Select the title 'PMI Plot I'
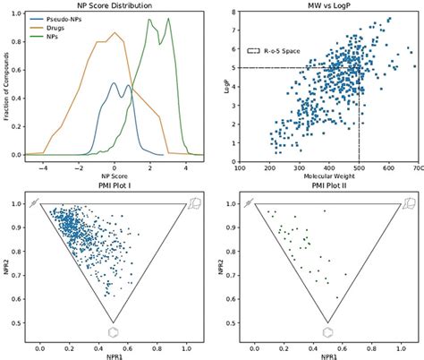pyautogui.click(x=112, y=191)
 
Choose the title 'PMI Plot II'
pyautogui.click(x=329, y=191)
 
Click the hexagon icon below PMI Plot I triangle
pyautogui.click(x=113, y=331)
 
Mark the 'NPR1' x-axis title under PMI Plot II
pyautogui.click(x=329, y=355)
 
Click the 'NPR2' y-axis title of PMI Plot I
pyautogui.click(x=6, y=265)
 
